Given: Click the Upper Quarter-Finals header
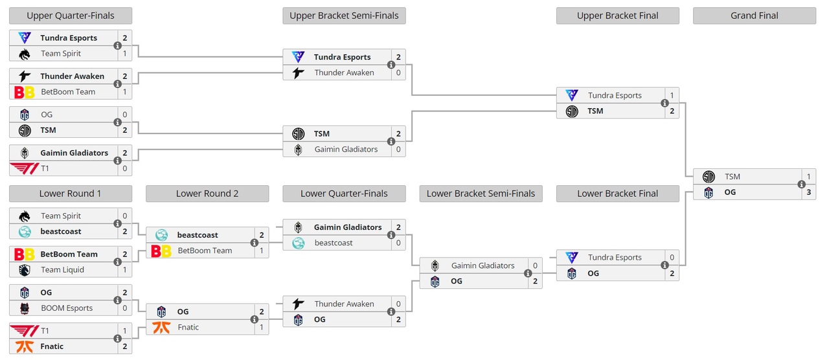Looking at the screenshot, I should coord(71,16).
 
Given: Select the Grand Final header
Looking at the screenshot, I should coord(754,16).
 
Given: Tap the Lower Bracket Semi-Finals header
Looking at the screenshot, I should coord(481,194).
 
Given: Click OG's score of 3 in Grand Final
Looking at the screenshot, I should coord(808,192).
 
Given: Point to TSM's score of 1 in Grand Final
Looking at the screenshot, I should coord(808,177).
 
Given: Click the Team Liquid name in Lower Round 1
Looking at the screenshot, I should coord(62,270).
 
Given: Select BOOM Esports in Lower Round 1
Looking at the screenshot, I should coord(67,308).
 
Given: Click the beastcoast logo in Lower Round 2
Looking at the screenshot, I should coord(161,235).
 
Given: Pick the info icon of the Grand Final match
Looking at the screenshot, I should coord(801,185).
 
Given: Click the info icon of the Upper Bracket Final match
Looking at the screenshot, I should coord(664,104).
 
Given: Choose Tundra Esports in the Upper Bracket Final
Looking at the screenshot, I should coord(615,96).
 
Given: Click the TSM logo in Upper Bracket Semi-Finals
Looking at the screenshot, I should coord(298,134).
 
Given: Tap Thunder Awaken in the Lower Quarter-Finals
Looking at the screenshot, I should coord(344,304).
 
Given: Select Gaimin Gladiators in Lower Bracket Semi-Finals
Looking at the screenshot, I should coord(483,266).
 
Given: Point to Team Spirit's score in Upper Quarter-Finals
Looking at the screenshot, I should coord(125,54).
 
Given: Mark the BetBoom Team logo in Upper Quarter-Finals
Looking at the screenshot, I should coord(25,92).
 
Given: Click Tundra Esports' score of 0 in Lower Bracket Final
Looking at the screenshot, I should coord(672,258).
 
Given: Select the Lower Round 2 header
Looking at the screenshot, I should coord(207,194).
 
